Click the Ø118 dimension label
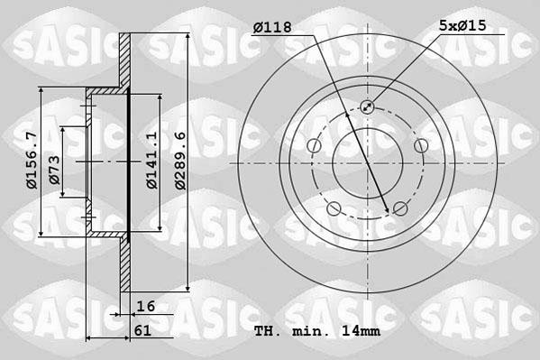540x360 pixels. coord(272,28)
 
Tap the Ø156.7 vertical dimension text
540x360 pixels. coord(32,161)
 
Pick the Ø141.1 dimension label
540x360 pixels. coord(152,160)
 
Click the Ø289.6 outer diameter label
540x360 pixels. coord(179,160)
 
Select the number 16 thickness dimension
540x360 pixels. coord(145,307)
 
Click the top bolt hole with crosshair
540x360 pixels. coord(367,108)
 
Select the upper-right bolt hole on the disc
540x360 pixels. coord(419,146)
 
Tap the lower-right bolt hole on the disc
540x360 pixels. coord(399,209)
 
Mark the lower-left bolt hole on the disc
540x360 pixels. coord(334,209)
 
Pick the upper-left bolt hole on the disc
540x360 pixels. coord(314,146)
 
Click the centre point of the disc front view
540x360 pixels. coord(367,163)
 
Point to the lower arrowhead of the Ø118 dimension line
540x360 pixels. coord(388,212)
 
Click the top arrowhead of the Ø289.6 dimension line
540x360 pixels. coord(186,33)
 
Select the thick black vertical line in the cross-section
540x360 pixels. coord(129,162)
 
